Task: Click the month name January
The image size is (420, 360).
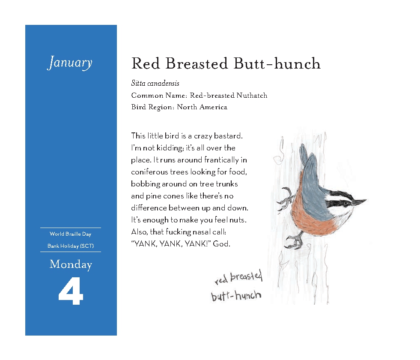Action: (x=70, y=63)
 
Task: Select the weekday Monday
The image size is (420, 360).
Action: (x=71, y=264)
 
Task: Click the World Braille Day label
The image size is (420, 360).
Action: (x=70, y=234)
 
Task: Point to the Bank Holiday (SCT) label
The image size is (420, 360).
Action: (x=71, y=246)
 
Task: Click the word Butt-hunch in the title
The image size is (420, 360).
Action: (x=277, y=64)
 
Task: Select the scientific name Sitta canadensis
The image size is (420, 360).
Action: (x=155, y=84)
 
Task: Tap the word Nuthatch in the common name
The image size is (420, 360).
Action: (x=252, y=95)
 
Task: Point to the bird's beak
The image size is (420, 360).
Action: (x=359, y=201)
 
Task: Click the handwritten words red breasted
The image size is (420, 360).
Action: (x=238, y=277)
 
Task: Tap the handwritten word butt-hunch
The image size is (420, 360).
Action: (x=236, y=295)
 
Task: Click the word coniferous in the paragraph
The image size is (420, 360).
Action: (x=150, y=172)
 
